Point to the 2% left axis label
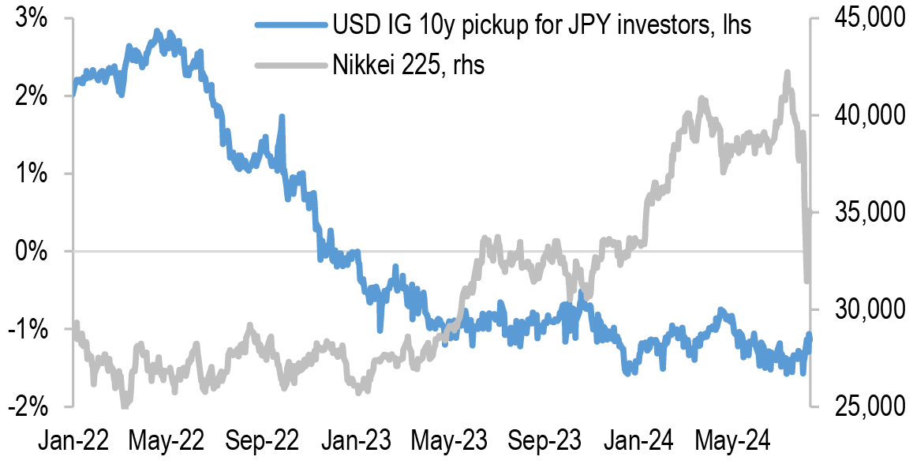pyautogui.click(x=32, y=96)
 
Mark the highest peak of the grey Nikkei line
pyautogui.click(x=787, y=73)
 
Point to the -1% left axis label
pyautogui.click(x=28, y=329)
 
